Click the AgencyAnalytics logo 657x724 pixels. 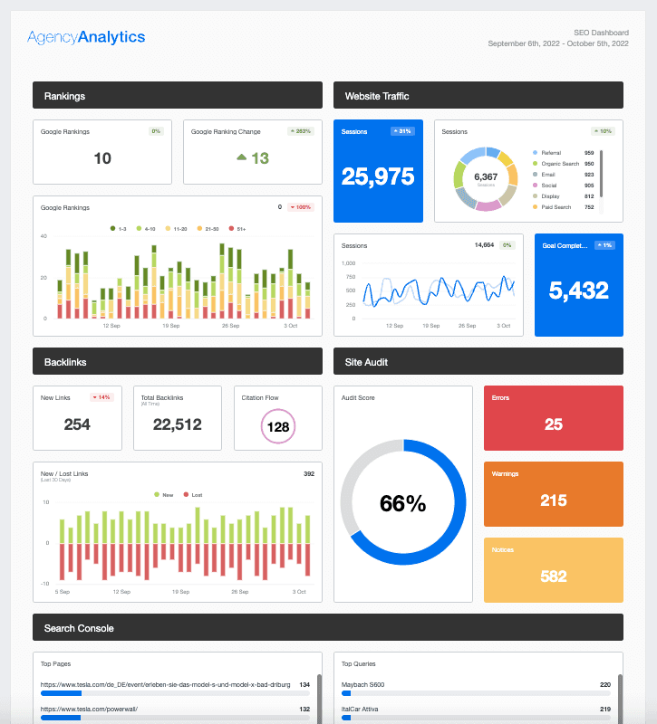coord(86,37)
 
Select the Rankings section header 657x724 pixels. coord(177,95)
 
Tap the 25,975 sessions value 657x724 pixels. coord(378,176)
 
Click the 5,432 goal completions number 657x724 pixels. coord(578,290)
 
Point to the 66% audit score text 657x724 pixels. coord(402,504)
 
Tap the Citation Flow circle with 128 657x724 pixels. coord(277,426)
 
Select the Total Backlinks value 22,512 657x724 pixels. coord(177,424)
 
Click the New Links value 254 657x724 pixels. coord(77,424)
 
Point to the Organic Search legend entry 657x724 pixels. coord(560,164)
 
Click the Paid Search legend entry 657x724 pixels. coord(557,206)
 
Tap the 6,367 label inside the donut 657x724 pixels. coord(486,176)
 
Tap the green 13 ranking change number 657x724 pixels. coord(260,158)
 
